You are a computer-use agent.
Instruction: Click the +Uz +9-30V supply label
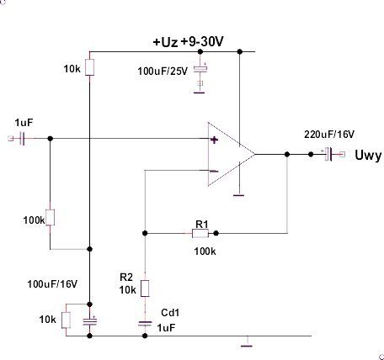coord(188,42)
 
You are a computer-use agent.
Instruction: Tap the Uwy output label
coord(368,156)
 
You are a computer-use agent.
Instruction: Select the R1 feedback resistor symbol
coord(200,233)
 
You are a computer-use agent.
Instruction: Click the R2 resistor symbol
coord(145,289)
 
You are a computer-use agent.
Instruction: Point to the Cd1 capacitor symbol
coord(145,324)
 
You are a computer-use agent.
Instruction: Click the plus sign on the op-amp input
coord(214,140)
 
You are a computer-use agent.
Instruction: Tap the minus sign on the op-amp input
coord(214,172)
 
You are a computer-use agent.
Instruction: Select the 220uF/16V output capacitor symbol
coord(328,154)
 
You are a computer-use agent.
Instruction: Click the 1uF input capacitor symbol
coord(23,139)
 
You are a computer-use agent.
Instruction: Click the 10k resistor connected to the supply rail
coord(89,67)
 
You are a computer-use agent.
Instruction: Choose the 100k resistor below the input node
coord(50,217)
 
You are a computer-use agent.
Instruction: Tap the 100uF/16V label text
coord(52,284)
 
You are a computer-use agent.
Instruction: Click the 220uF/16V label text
coord(329,135)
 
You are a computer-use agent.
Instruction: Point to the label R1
coord(202,224)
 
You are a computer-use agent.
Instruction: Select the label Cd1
coord(170,312)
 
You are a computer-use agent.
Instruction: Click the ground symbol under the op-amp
coord(239,195)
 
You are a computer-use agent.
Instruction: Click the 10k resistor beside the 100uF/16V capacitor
coord(66,320)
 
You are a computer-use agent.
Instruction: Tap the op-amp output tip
coord(255,154)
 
